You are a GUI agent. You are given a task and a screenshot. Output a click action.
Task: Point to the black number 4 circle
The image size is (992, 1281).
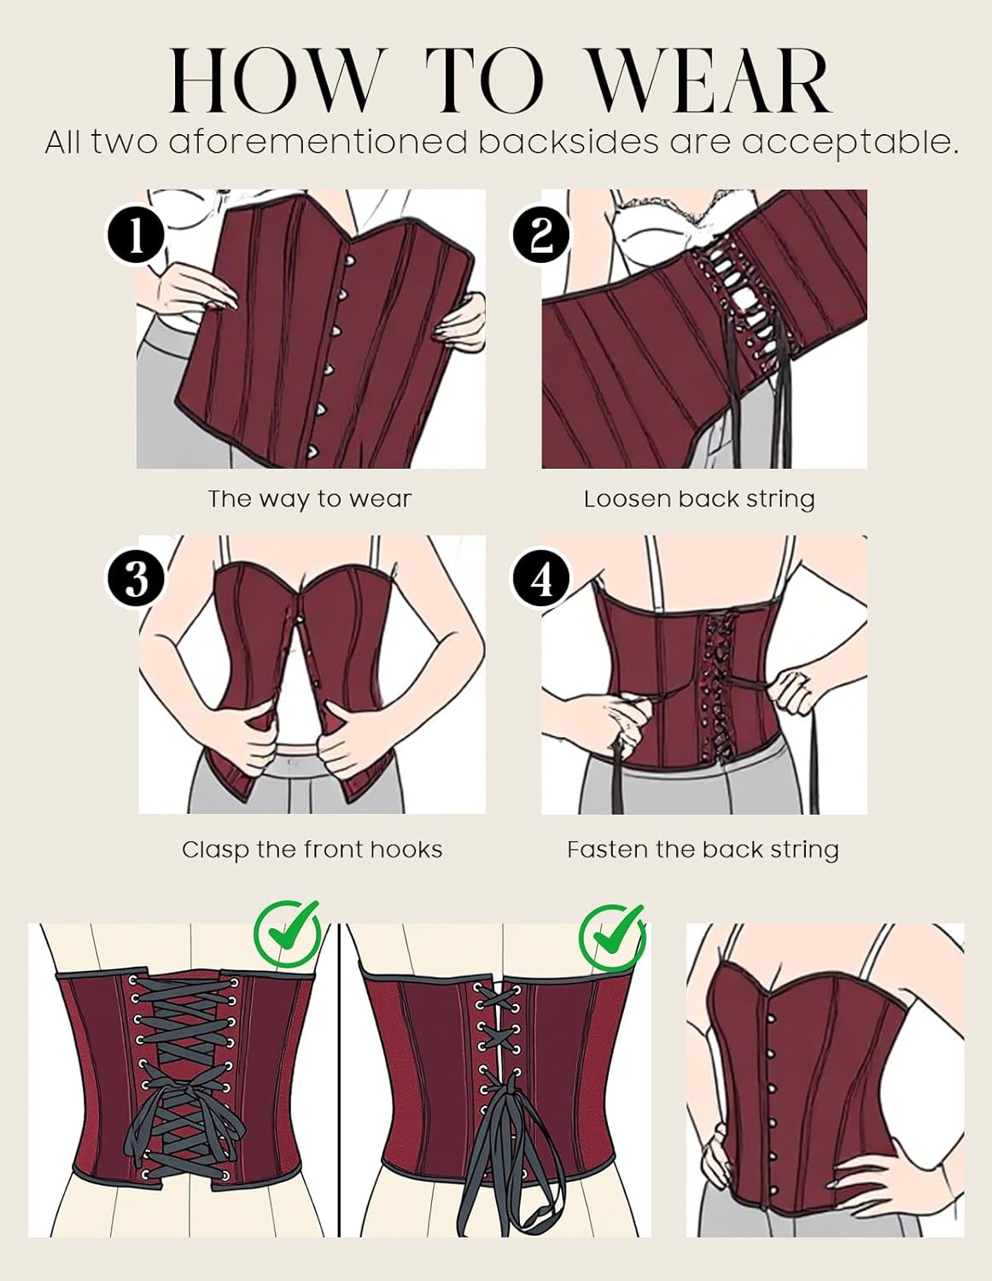[541, 580]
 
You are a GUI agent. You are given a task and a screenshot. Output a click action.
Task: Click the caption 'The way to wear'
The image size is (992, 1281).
[310, 499]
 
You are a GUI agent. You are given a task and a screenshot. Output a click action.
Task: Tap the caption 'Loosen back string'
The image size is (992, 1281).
[699, 499]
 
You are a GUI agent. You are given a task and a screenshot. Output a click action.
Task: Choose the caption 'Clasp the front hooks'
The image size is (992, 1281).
[312, 850]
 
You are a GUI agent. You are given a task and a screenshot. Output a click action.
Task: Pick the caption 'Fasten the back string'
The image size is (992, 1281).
[703, 850]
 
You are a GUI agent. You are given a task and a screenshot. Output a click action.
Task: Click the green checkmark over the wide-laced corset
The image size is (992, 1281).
[288, 933]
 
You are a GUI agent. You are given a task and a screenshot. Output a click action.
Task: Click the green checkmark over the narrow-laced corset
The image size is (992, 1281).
[612, 933]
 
